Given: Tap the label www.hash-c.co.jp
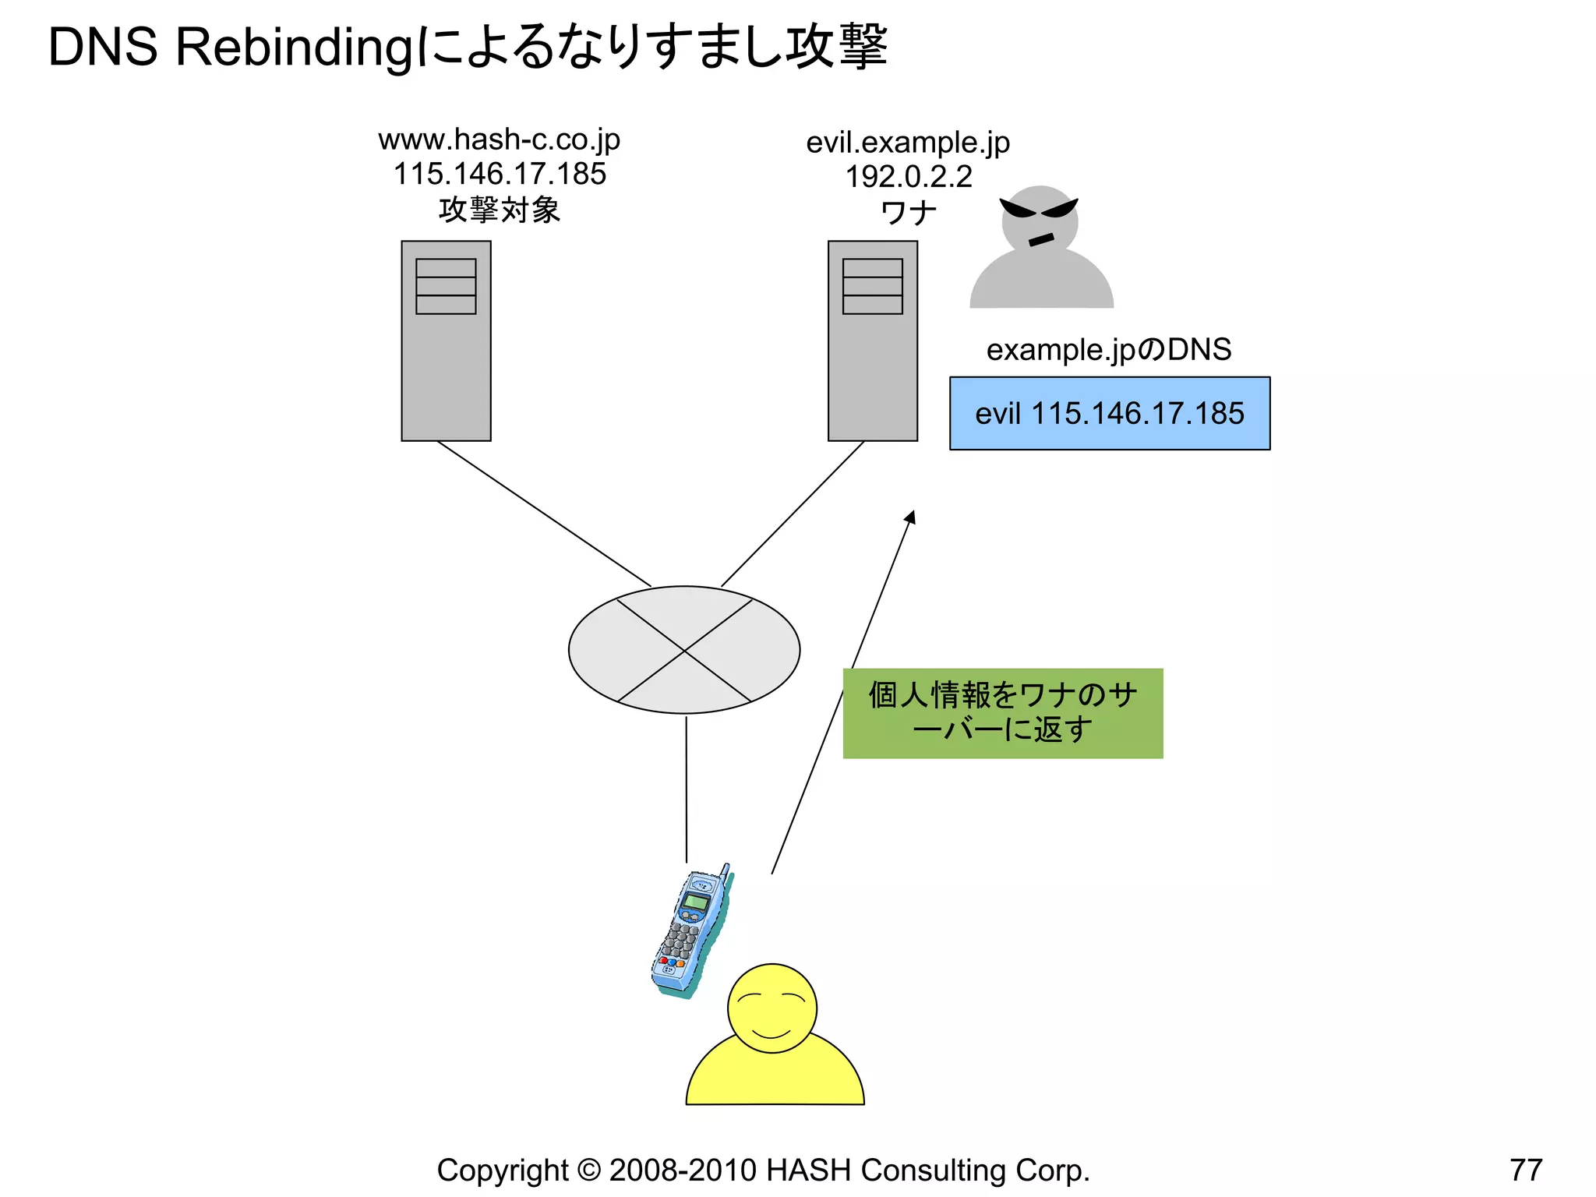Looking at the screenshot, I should pyautogui.click(x=499, y=140).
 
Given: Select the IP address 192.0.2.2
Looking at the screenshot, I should pyautogui.click(x=909, y=177).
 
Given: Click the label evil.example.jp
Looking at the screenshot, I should pyautogui.click(x=908, y=143).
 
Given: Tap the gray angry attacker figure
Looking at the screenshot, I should pyautogui.click(x=1041, y=249).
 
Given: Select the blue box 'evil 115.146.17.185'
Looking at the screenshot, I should pyautogui.click(x=1109, y=414).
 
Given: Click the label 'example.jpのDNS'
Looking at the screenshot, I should pyautogui.click(x=1108, y=350).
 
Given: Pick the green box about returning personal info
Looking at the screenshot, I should pyautogui.click(x=1003, y=713).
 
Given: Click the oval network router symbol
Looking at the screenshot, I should pyautogui.click(x=684, y=650).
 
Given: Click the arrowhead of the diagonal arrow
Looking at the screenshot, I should pyautogui.click(x=910, y=517).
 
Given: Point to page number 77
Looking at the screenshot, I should pyautogui.click(x=1525, y=1171).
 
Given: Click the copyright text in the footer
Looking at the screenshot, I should pyautogui.click(x=763, y=1171).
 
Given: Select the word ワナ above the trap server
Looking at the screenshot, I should pyautogui.click(x=908, y=212).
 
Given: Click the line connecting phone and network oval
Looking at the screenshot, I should pyautogui.click(x=686, y=787).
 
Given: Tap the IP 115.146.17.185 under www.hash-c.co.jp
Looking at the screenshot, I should pyautogui.click(x=500, y=175).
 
